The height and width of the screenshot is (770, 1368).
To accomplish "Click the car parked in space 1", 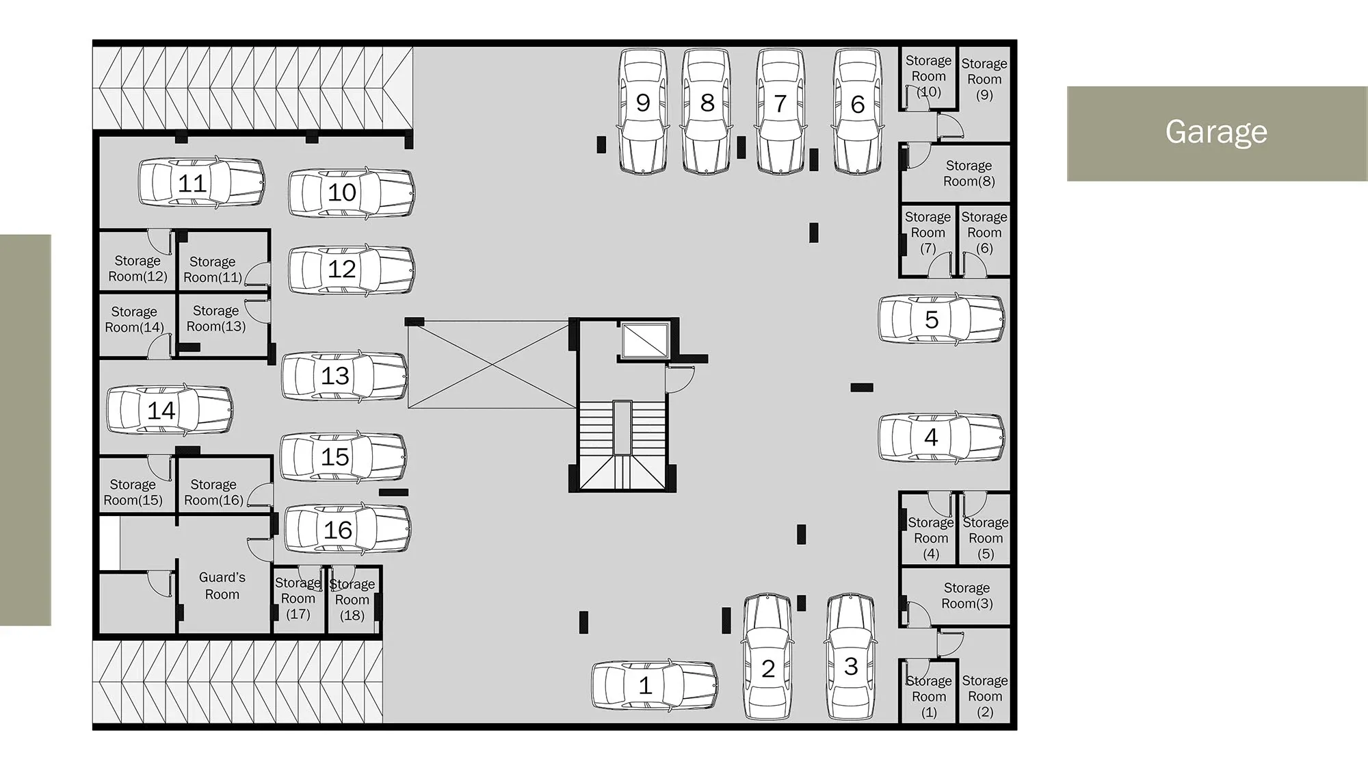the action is (655, 685).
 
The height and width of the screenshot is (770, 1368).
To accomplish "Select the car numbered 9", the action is (643, 112).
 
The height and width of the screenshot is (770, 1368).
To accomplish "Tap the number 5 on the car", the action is (932, 320).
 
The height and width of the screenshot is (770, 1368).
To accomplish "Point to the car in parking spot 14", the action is (170, 409).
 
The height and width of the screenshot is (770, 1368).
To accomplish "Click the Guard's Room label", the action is (222, 586).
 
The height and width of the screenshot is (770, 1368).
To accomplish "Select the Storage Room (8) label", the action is (969, 173).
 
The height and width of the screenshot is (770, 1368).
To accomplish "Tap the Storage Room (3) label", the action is (967, 595).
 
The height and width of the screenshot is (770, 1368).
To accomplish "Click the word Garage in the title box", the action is (1216, 132).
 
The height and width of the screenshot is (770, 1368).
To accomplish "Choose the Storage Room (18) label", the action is (352, 600).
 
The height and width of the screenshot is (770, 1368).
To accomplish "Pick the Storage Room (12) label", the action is (137, 268).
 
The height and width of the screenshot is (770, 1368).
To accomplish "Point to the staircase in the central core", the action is (622, 445).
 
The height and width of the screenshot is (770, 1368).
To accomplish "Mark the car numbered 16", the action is (347, 529).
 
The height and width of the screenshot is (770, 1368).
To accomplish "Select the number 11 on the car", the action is (192, 183).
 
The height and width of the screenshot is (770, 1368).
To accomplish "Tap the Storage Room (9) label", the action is (984, 79).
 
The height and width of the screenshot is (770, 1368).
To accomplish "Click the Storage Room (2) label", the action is (985, 696).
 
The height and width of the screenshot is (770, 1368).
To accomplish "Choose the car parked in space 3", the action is (850, 657).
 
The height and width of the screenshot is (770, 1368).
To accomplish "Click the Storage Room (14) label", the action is (134, 320).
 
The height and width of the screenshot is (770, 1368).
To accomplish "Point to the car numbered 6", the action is (858, 112).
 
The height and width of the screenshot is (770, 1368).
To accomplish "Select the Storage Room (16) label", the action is (213, 492).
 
